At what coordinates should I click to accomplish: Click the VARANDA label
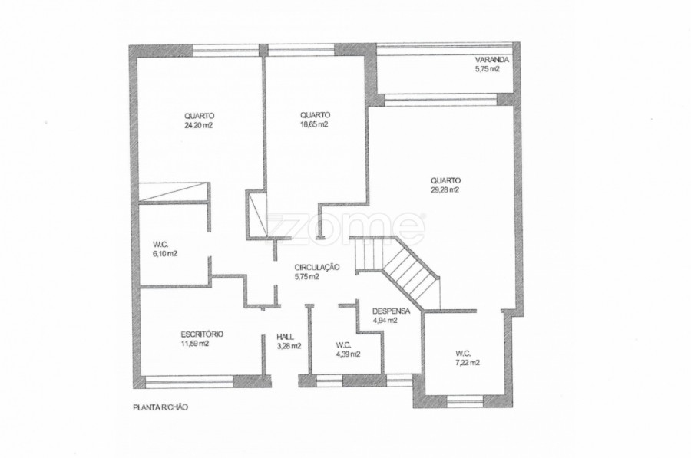[x=492, y=60]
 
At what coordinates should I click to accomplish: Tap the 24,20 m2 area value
[x=199, y=124]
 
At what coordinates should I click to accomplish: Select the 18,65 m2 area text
[x=314, y=124]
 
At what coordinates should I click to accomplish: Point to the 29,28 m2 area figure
[x=445, y=189]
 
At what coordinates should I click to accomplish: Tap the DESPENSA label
[x=391, y=311]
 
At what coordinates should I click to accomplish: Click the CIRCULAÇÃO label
[x=317, y=267]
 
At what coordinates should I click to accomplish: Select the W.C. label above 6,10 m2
[x=160, y=244]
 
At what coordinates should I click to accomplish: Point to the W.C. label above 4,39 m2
[x=343, y=344]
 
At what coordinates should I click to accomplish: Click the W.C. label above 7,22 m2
[x=463, y=353]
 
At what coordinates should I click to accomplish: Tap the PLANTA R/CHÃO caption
[x=160, y=407]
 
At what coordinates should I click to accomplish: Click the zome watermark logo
[x=345, y=227]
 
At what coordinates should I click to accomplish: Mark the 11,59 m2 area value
[x=195, y=344]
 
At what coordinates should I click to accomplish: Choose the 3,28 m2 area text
[x=289, y=346]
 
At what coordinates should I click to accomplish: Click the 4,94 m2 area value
[x=385, y=321]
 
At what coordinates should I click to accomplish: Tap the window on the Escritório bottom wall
[x=190, y=382]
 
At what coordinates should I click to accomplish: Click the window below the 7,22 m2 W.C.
[x=465, y=401]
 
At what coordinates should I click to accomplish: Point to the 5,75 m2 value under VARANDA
[x=487, y=69]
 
